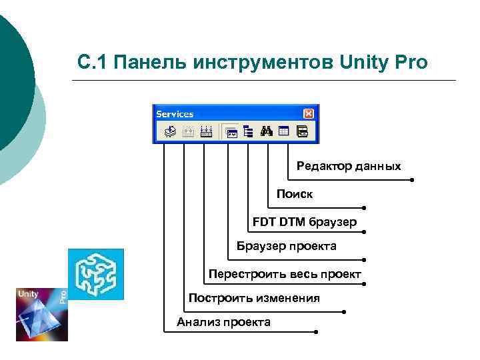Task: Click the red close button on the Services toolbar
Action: [308, 114]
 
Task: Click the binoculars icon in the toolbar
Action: [267, 131]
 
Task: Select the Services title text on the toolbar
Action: [175, 114]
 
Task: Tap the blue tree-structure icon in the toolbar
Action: [248, 131]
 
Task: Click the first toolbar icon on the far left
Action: [170, 131]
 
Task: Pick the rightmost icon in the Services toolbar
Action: [302, 131]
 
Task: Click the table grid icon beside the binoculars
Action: [283, 131]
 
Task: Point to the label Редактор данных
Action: [349, 166]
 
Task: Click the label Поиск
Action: [295, 194]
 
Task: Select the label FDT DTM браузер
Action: [305, 221]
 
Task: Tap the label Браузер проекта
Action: [287, 247]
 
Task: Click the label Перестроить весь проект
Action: [285, 274]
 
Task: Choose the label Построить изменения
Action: [254, 298]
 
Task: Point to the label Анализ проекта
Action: [223, 323]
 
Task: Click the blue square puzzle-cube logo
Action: [96, 274]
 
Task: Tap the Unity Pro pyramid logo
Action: [41, 314]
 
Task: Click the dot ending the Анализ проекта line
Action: [316, 332]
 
